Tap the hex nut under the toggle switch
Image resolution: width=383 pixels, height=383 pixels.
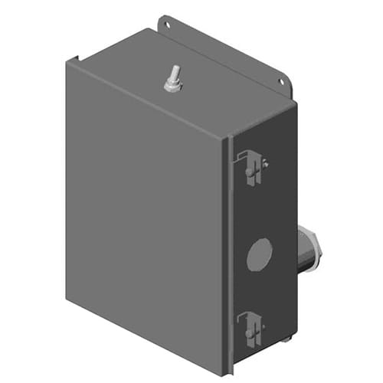[x=172, y=87]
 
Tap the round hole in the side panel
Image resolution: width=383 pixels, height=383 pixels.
[x=260, y=254]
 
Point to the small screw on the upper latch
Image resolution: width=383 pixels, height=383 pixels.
[x=264, y=162]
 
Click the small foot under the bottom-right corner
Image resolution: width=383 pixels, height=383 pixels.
[x=286, y=339]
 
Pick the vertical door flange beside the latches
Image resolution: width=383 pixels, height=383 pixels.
[x=228, y=253]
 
